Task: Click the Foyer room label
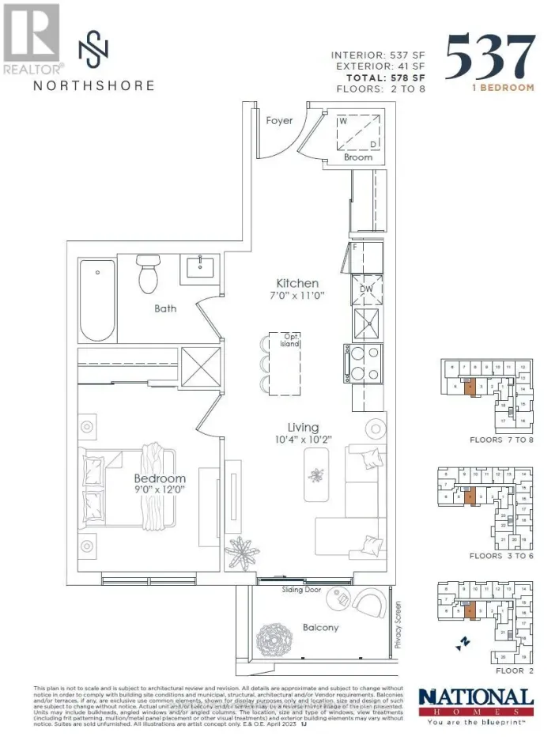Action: pos(279,120)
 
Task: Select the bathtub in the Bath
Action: pos(97,289)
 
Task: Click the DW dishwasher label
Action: pos(365,289)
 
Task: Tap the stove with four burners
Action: pos(364,364)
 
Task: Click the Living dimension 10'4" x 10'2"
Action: pos(297,440)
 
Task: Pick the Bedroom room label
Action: pos(159,478)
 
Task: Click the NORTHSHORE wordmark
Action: pos(93,85)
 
